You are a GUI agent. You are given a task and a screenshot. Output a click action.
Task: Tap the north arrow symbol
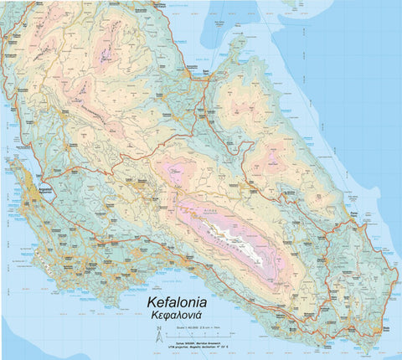click(157, 337)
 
